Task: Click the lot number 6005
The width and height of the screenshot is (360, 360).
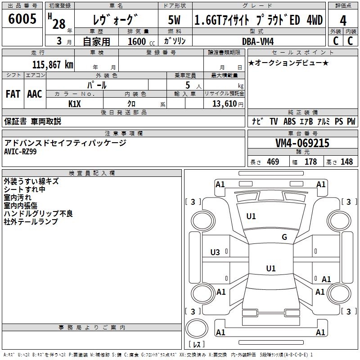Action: [22, 19]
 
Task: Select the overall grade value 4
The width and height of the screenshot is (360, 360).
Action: [343, 21]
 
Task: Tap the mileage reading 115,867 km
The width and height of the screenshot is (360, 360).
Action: [53, 65]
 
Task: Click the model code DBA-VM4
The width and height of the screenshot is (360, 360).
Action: [258, 41]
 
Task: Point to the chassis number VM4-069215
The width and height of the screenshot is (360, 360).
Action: [302, 143]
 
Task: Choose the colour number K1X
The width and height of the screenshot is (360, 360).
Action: [75, 104]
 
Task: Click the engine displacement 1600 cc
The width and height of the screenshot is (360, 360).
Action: [141, 41]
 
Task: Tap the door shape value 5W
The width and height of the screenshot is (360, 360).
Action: [175, 20]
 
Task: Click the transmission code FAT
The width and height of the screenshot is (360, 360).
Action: [13, 94]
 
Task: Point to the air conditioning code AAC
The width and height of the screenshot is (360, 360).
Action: [35, 94]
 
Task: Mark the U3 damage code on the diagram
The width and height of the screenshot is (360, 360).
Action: [215, 252]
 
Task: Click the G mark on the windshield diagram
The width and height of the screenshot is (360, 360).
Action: [284, 237]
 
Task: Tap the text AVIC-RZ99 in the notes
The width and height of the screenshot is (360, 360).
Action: [20, 152]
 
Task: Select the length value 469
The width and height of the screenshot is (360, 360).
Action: [273, 162]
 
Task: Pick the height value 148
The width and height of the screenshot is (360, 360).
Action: [346, 162]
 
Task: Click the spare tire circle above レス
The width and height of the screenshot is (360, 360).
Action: [197, 328]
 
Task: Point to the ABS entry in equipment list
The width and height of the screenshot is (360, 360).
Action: [289, 121]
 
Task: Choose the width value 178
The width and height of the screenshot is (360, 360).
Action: [310, 162]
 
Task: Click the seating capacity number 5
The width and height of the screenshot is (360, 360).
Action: [188, 85]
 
